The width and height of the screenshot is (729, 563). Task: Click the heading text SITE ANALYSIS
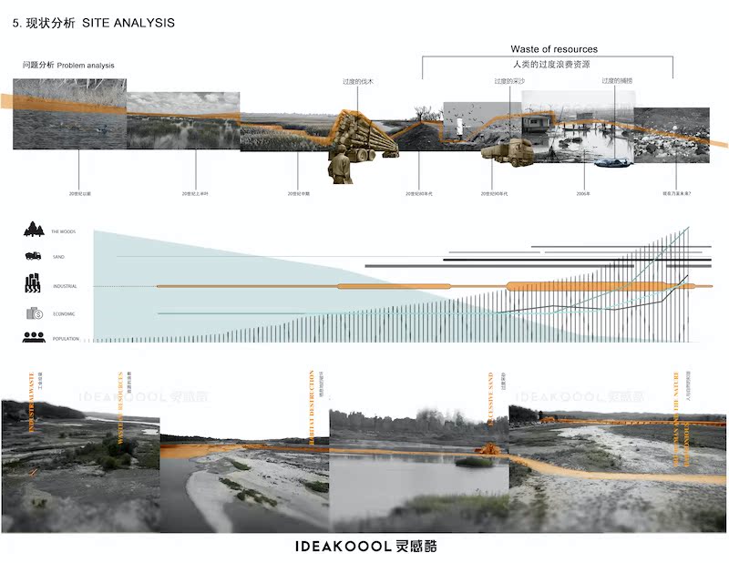(x=128, y=23)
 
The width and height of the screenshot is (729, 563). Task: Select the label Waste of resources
(x=553, y=49)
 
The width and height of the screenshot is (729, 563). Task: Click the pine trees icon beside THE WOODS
(x=34, y=230)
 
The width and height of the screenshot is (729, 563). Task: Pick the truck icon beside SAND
(x=34, y=257)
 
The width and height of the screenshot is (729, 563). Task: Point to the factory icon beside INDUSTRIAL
(x=34, y=284)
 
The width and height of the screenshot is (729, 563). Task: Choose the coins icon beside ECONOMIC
(x=34, y=313)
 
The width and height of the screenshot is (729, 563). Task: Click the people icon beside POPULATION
(x=34, y=338)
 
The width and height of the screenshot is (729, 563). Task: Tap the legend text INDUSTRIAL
(x=65, y=287)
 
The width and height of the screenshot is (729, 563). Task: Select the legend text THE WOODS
(x=63, y=232)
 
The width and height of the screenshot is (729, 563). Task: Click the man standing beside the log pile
(x=341, y=167)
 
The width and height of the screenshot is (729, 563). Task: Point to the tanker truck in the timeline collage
(x=508, y=152)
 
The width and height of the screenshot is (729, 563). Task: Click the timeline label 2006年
(x=584, y=194)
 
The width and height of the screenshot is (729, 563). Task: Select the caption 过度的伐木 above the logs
(x=358, y=82)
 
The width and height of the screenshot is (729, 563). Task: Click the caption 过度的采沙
(x=510, y=82)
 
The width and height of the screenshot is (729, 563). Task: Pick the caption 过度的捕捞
(x=617, y=82)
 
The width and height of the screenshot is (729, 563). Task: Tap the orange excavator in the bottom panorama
(x=491, y=449)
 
